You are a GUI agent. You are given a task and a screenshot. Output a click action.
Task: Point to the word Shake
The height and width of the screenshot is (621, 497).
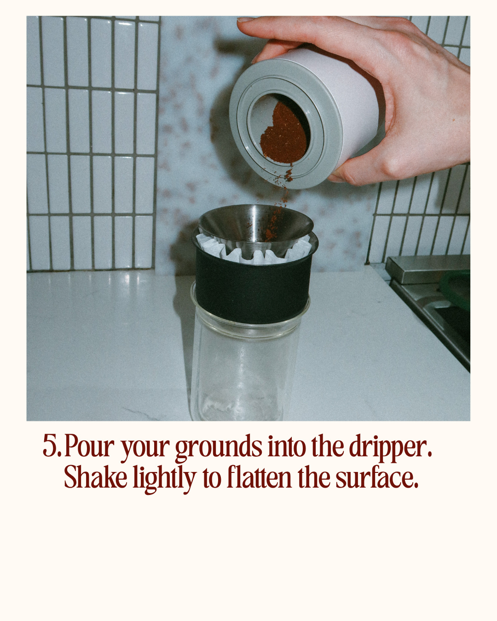point(95,477)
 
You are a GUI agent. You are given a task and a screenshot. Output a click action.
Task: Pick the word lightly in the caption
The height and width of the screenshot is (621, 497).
point(165,479)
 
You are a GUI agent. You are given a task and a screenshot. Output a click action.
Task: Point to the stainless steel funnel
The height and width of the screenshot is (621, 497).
point(255,224)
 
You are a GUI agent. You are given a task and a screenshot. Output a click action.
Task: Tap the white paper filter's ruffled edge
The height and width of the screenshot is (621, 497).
point(254,252)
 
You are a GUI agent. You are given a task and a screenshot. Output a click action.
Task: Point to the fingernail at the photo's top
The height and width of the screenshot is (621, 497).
point(245,19)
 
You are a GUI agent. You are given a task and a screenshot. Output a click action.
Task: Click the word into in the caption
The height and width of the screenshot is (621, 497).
point(287,446)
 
